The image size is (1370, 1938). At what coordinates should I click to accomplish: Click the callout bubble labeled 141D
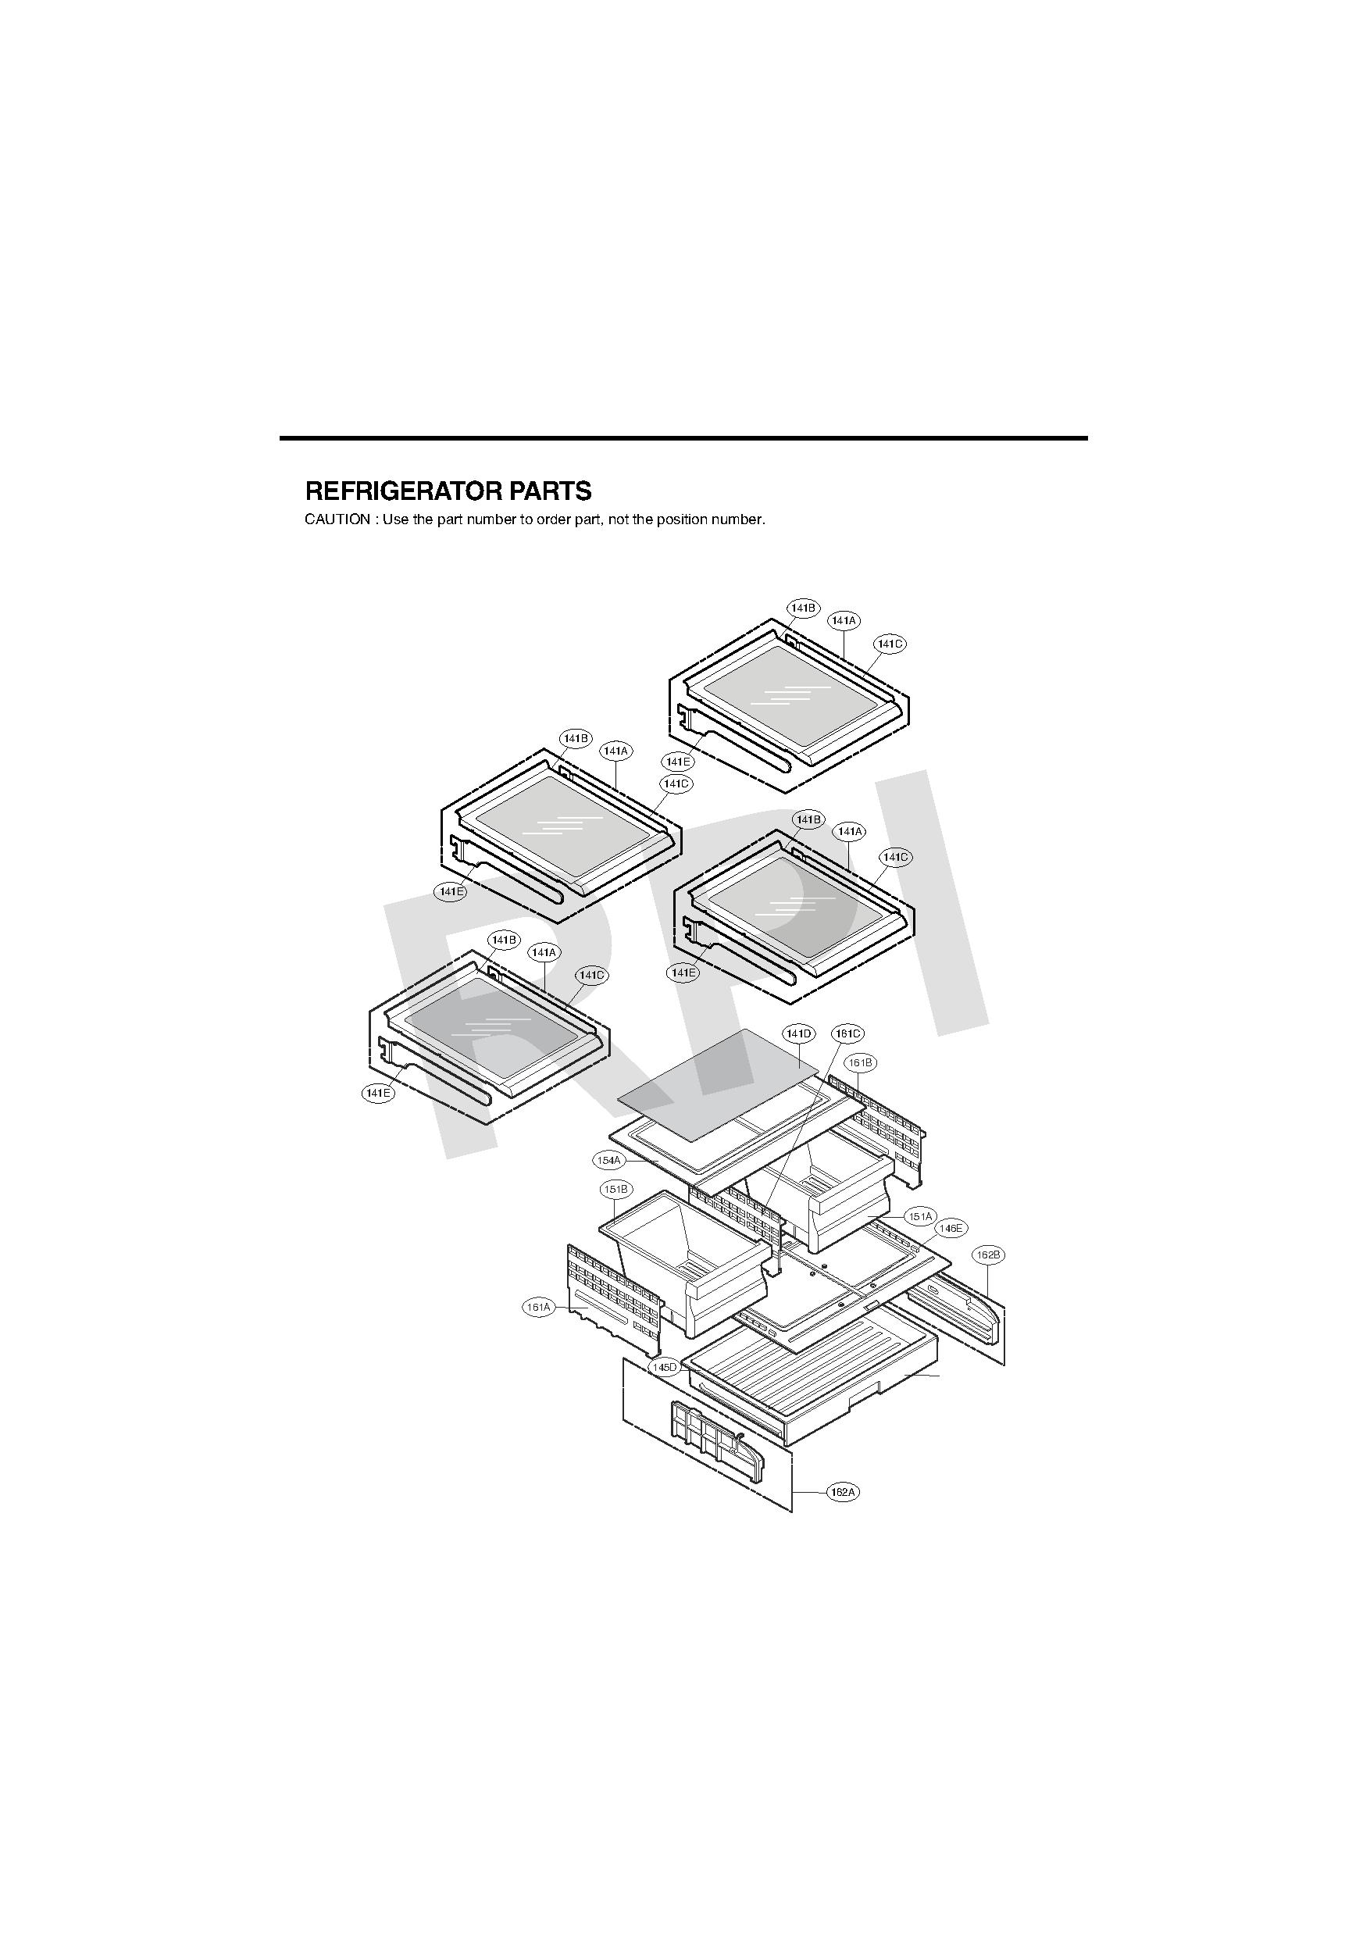798,1034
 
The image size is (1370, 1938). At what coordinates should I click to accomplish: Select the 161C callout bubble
847,1034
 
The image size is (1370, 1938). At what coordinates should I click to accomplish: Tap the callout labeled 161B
860,1062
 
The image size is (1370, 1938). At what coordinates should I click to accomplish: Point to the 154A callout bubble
608,1161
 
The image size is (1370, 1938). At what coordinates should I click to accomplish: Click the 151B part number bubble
615,1190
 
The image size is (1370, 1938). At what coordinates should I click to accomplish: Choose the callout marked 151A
919,1216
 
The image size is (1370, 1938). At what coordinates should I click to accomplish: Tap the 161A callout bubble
538,1308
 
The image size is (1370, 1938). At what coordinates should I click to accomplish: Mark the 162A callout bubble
843,1491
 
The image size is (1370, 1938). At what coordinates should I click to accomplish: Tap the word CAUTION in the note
337,520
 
